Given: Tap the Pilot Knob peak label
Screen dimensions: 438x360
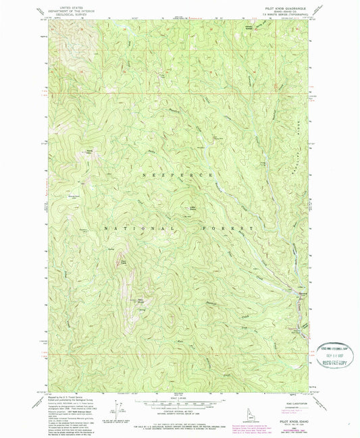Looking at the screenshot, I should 124,255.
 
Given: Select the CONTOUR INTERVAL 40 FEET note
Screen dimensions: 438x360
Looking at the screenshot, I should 179,411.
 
